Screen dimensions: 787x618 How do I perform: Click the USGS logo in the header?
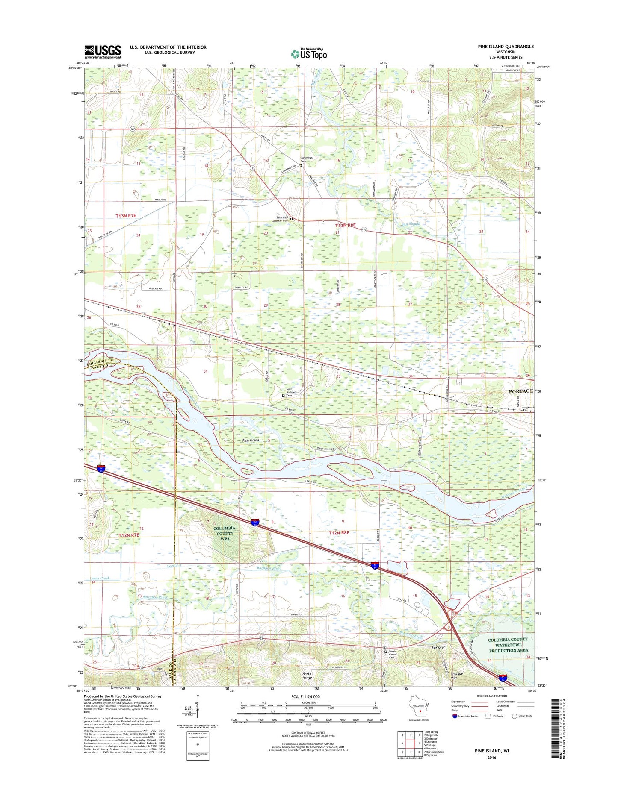(103, 51)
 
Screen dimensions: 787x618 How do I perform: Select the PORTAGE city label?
(520, 391)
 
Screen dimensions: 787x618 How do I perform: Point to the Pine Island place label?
(251, 440)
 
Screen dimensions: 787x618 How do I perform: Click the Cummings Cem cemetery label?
(306, 159)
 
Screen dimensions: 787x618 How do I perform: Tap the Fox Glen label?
(438, 647)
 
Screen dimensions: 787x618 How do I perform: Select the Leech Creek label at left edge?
(100, 578)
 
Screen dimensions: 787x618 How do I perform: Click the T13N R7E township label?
(125, 216)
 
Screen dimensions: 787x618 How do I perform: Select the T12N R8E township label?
(339, 533)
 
